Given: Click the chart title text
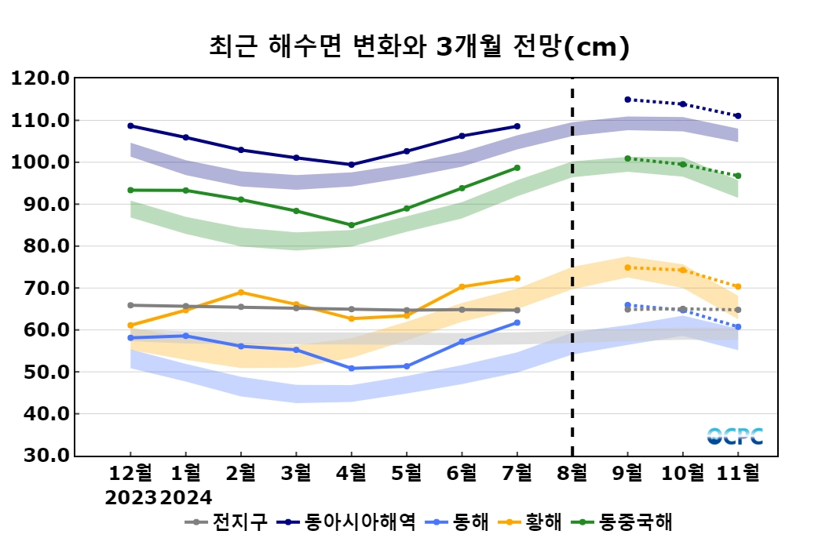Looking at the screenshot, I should [419, 47].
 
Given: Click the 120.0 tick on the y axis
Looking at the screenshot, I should [40, 78].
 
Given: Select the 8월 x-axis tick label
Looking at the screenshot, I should [572, 473].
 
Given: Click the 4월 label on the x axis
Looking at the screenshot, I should [351, 473].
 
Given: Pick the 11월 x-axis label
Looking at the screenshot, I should [738, 473].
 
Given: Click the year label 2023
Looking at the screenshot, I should [130, 496].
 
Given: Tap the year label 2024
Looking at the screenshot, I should [185, 496].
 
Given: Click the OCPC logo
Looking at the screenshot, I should [734, 436].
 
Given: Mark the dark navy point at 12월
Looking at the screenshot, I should [130, 125].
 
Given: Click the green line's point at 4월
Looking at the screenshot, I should [351, 225].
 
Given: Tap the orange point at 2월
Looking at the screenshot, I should [240, 293].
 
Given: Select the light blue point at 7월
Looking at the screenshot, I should [517, 322].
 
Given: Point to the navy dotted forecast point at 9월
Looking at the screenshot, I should [627, 100].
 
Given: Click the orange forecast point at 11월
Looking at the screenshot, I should [738, 287].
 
